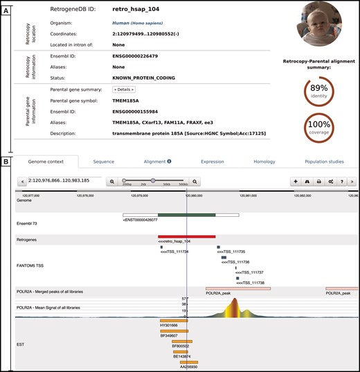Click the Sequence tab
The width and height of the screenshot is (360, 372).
pos(103,161)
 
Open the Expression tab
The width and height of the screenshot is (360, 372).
pos(212,161)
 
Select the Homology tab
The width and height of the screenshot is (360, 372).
pos(264,161)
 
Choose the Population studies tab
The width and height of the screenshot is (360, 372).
pos(324,161)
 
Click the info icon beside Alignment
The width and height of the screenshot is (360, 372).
pos(170,161)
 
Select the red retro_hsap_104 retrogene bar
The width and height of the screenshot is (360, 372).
pos(186,236)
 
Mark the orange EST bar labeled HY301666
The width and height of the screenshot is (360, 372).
pos(169,320)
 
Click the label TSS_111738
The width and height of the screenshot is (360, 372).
pos(250,283)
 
